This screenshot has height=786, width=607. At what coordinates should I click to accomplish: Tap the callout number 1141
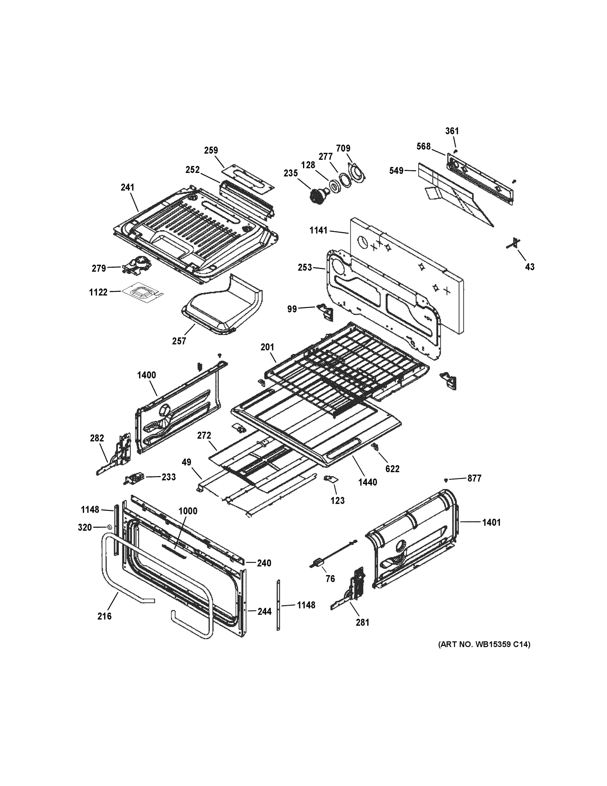coord(319,230)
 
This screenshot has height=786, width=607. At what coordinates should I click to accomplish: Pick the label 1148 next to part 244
coord(306,605)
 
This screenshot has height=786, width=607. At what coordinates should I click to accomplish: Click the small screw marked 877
coord(446,480)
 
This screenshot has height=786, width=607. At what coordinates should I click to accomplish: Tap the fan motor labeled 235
coord(317,196)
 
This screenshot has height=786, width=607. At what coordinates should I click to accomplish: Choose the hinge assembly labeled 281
coord(350,592)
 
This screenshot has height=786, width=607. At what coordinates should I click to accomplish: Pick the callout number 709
coord(343,148)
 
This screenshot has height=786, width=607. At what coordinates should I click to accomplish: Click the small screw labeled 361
coord(455,150)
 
